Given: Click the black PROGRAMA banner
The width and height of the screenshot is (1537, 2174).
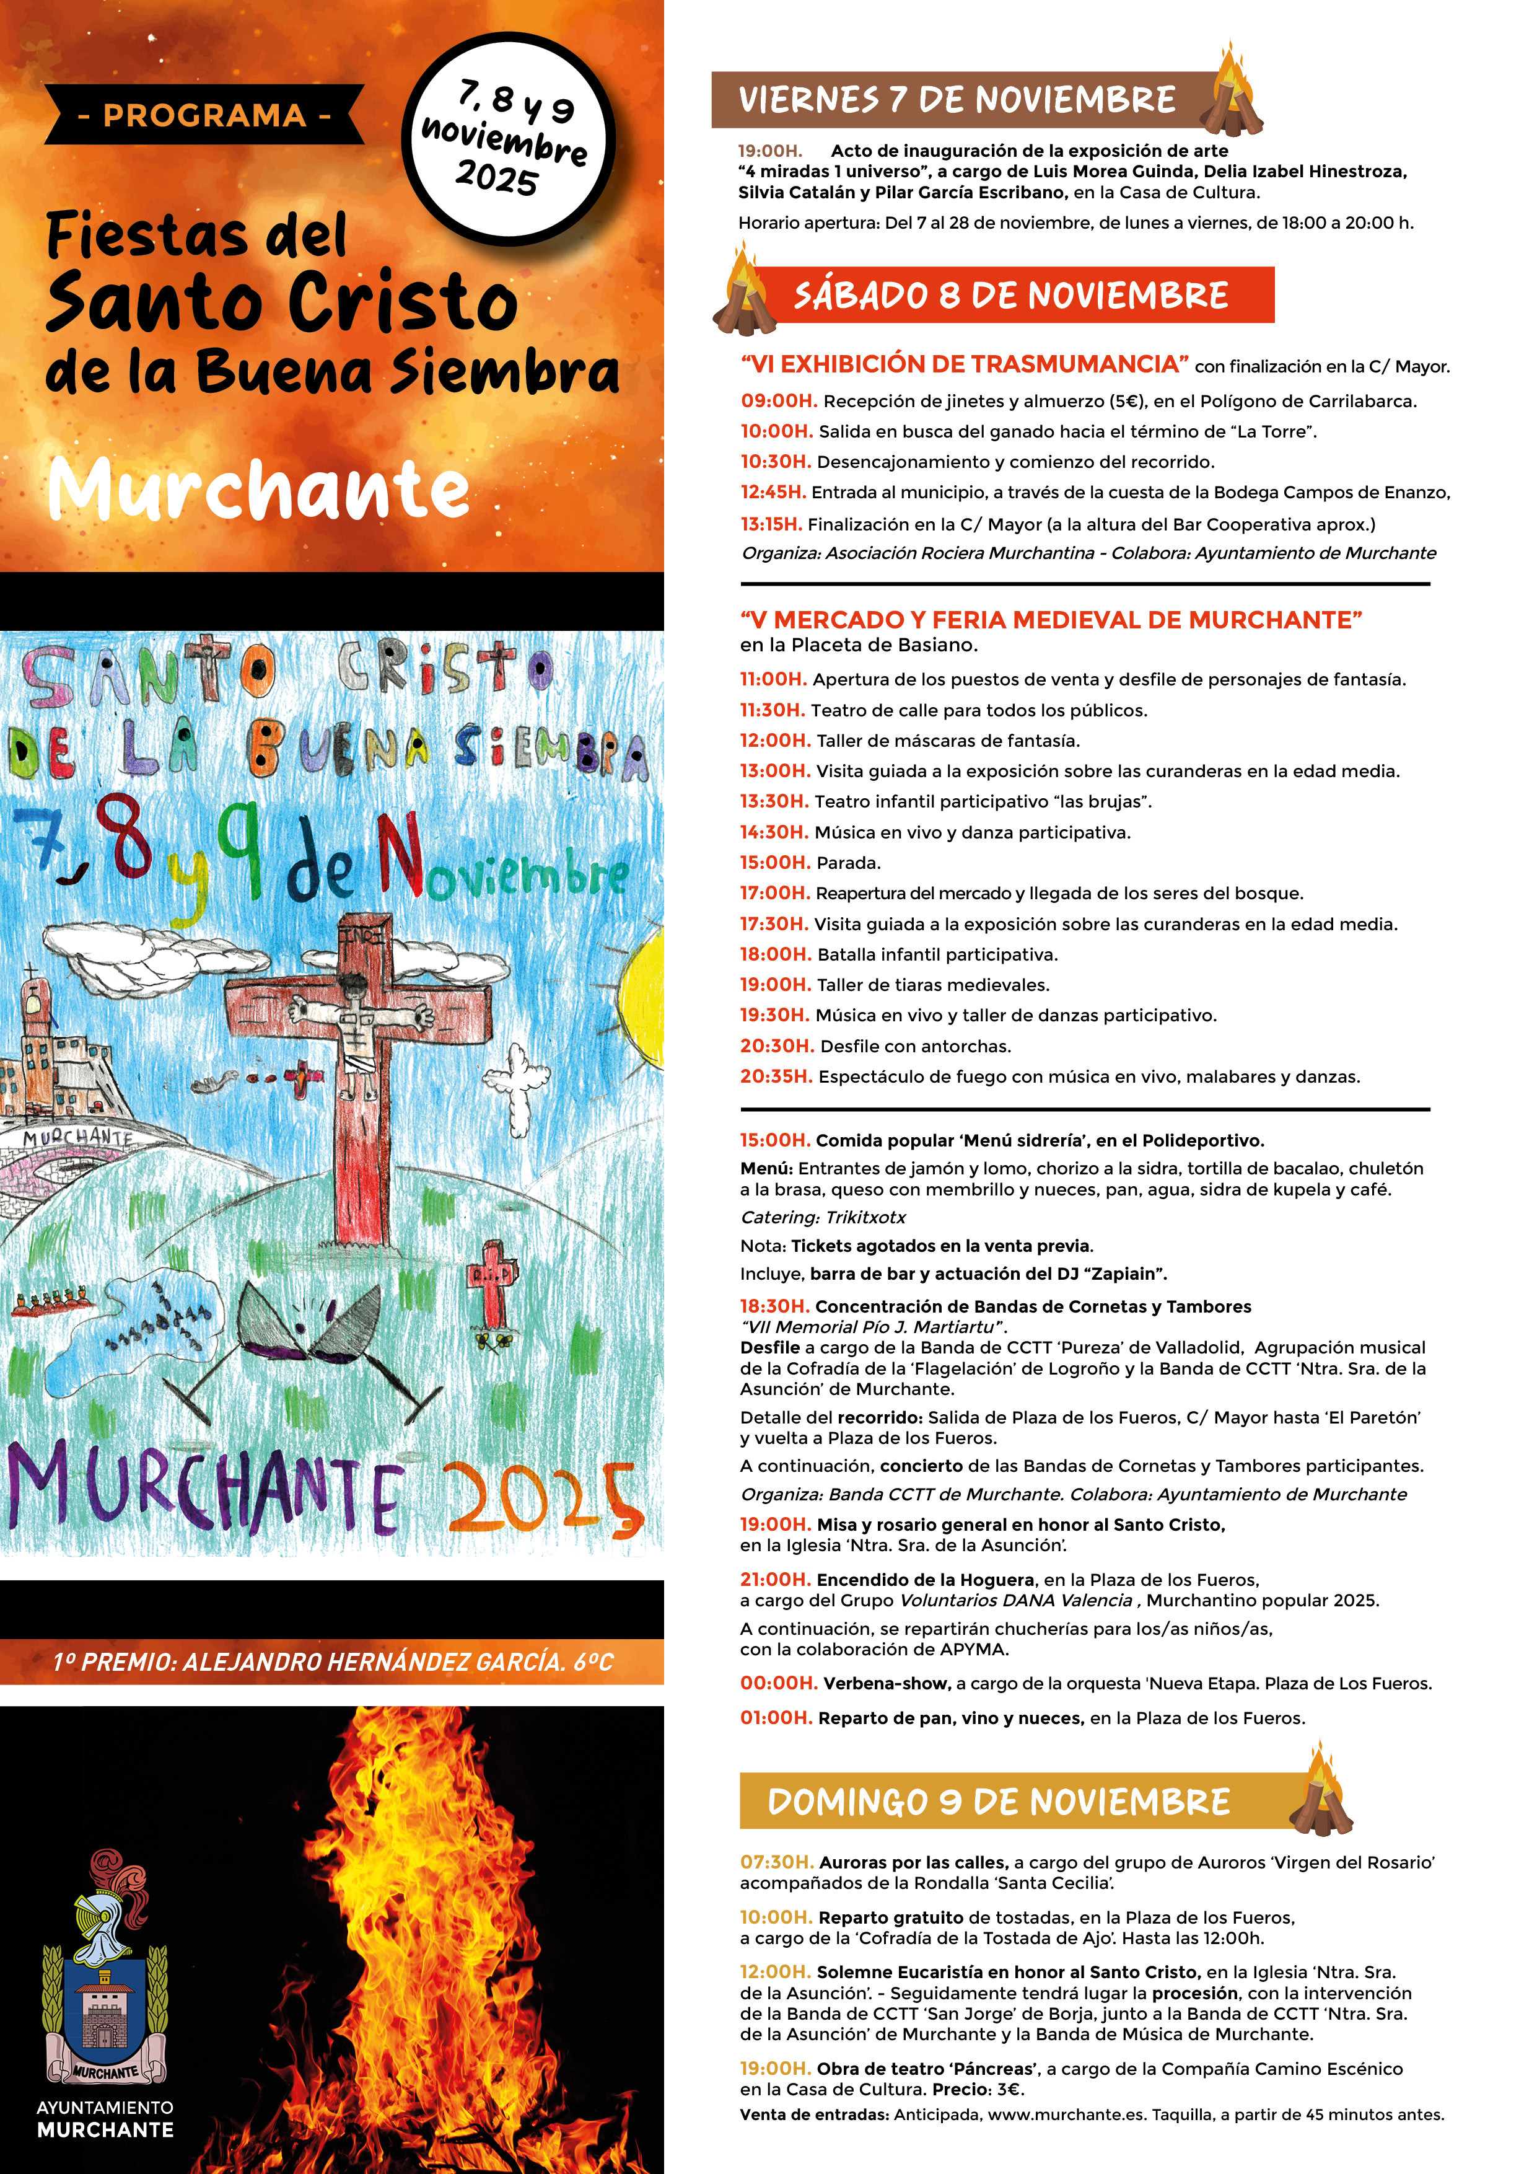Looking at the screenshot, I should coord(203,115).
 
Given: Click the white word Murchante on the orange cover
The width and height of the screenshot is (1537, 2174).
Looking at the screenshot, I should coord(258,490).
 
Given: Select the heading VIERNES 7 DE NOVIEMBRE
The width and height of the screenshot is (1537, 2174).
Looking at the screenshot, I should coord(956,99).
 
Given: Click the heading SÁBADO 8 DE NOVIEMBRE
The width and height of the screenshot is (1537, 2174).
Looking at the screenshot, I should coord(1011,296).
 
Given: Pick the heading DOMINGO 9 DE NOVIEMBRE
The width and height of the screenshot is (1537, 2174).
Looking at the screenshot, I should coord(999,1801).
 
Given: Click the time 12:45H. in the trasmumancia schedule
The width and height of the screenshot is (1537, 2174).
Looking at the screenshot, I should coord(773,492).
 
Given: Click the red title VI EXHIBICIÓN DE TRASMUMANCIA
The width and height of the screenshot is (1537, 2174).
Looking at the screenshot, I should coord(965,364).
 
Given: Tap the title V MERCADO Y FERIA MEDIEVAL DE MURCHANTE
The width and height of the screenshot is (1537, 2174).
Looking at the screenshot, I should coord(1051,620).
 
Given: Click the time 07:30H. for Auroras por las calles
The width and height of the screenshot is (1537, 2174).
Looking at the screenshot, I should coord(776,1862).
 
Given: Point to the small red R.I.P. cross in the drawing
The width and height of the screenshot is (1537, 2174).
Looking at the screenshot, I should coord(494,1280).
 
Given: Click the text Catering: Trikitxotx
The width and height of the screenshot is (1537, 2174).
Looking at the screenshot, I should coord(823,1218).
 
